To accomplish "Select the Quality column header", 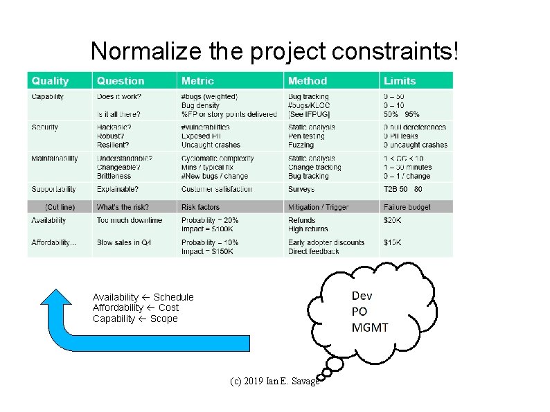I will (x=51, y=81).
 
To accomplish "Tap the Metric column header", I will (x=198, y=81).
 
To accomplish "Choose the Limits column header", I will (x=400, y=81).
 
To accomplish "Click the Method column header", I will (x=308, y=81).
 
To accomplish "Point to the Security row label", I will (x=45, y=127).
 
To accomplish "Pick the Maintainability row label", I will (x=55, y=159).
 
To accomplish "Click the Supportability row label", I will (x=53, y=189).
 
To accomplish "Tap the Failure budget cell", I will (x=407, y=207).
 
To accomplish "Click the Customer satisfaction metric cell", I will (x=217, y=189).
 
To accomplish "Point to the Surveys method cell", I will (x=301, y=189).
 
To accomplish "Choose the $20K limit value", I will (x=392, y=220).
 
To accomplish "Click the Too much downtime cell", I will (x=130, y=220).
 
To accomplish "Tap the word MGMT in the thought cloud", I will (x=370, y=328).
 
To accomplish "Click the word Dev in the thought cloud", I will (x=362, y=296).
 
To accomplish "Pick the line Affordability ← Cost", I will (x=136, y=307).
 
